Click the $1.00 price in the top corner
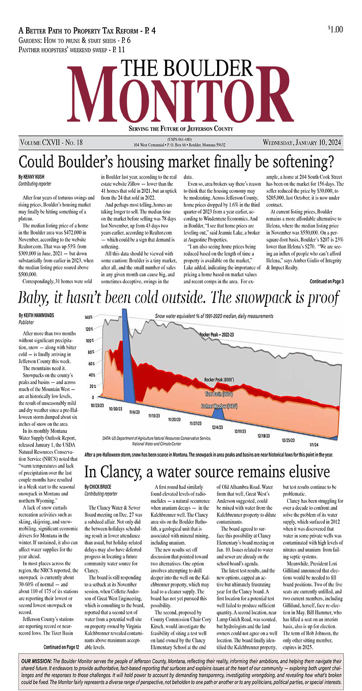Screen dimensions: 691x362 [x=335, y=29]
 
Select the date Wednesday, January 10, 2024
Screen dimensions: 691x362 [x=303, y=143]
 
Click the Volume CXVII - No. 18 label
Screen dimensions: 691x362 [x=52, y=143]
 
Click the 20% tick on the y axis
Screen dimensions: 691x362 [x=92, y=386]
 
